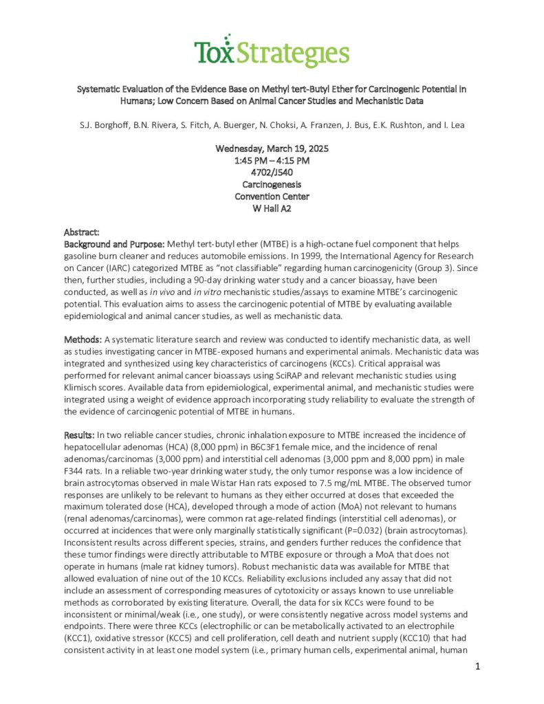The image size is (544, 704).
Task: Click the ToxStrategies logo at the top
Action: point(271,52)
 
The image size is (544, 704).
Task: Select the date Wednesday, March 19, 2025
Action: point(272,148)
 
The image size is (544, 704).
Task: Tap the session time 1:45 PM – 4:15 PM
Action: point(272,160)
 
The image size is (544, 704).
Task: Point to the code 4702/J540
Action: point(272,173)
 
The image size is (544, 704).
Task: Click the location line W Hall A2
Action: point(272,208)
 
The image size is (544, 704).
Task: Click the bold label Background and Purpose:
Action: point(114,245)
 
